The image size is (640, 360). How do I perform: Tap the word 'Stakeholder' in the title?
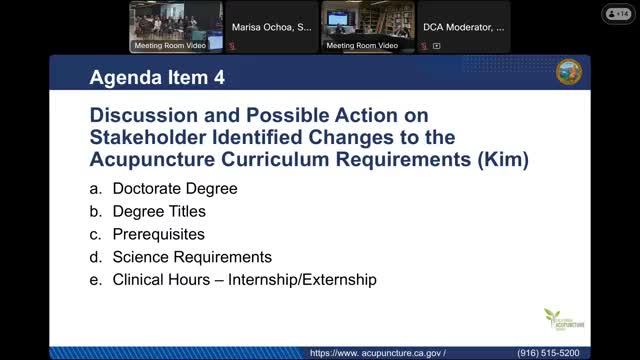coord(159,136)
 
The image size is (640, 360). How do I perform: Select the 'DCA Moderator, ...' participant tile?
coord(462,27)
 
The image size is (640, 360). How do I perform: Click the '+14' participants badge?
coord(617,13)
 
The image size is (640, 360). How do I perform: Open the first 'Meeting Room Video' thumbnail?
coord(175,27)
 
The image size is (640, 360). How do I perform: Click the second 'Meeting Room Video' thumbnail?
coord(367,27)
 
